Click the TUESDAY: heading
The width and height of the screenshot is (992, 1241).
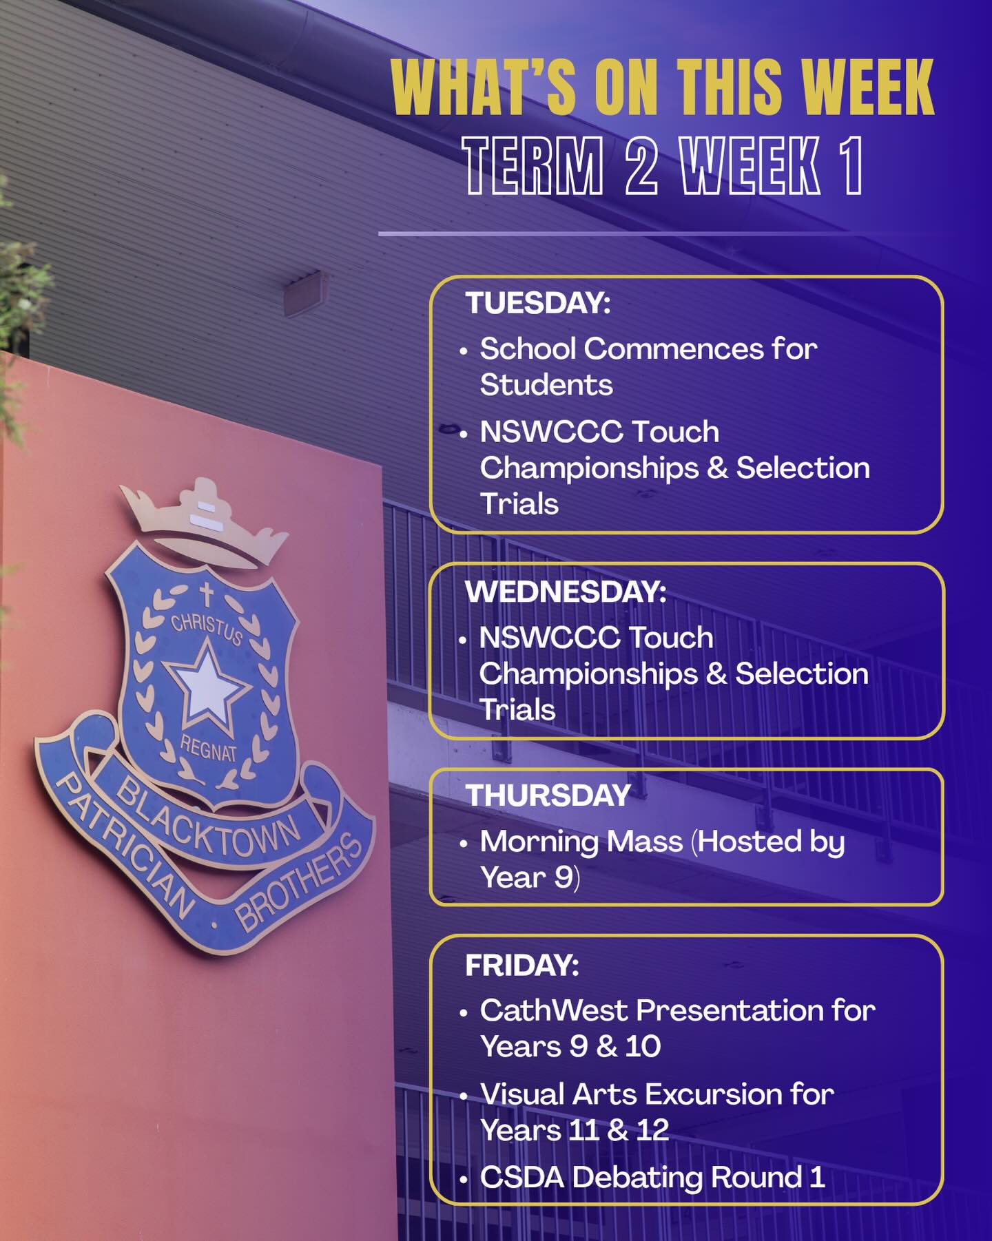pos(538,303)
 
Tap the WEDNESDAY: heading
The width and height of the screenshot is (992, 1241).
pos(566,592)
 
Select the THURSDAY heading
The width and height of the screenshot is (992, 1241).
pos(548,795)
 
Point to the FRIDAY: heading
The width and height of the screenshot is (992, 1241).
pos(522,965)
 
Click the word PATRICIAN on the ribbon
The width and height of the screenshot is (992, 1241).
pos(124,847)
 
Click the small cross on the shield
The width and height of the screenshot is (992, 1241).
pos(206,594)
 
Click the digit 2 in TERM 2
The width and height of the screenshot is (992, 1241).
pos(641,165)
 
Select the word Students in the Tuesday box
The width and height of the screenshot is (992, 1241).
pos(546,384)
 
